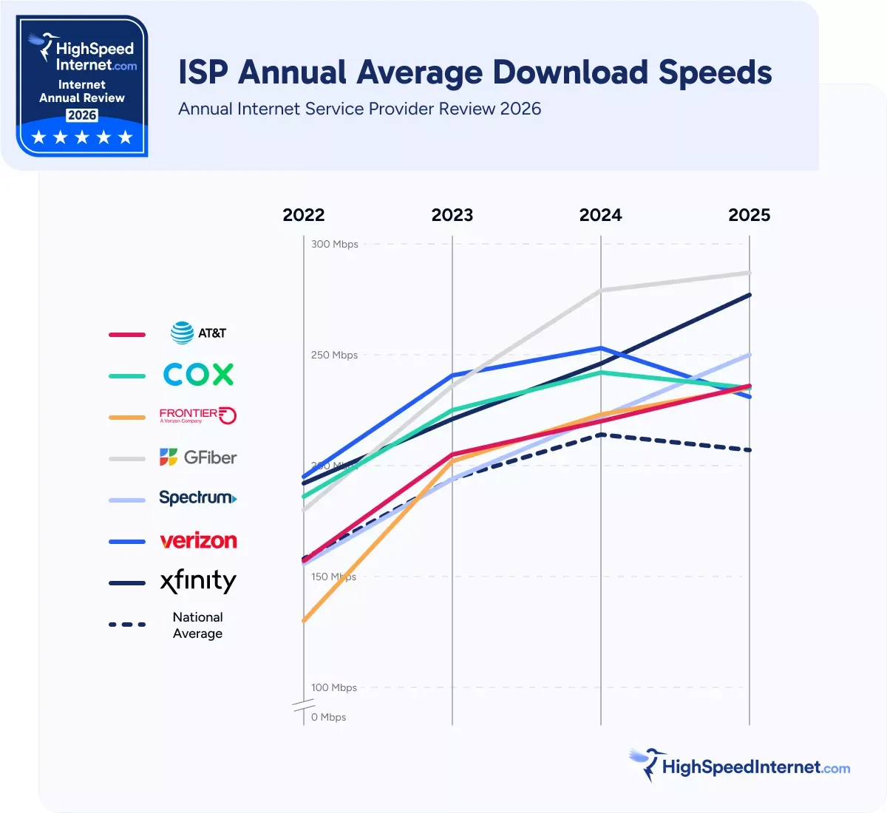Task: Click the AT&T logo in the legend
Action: click(198, 333)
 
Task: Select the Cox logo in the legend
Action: click(198, 375)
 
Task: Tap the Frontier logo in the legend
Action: click(198, 415)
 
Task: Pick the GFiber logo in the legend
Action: click(198, 457)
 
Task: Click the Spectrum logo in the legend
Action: click(198, 498)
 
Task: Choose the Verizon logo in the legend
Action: click(198, 541)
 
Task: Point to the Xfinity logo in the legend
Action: click(198, 582)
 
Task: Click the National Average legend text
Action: click(197, 625)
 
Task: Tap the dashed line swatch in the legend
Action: click(127, 625)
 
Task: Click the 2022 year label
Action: click(304, 215)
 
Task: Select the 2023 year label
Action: click(452, 215)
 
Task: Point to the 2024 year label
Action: click(600, 215)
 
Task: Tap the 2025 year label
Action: click(749, 215)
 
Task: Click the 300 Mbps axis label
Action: click(334, 244)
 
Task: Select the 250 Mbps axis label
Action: click(334, 355)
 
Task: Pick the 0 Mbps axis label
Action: click(328, 717)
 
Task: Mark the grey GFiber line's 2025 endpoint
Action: click(749, 273)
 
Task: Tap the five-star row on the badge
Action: click(82, 137)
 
